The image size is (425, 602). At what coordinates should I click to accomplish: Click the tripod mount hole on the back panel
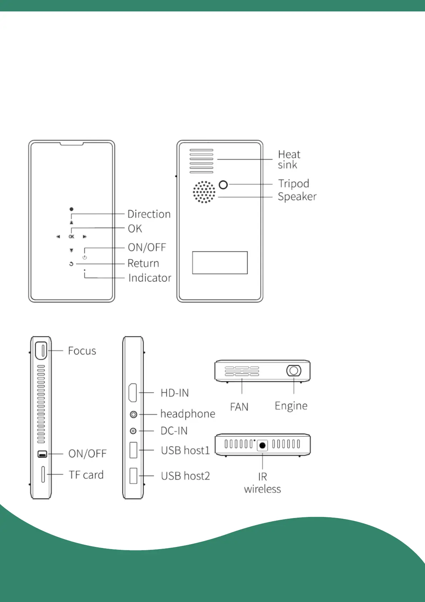pyautogui.click(x=223, y=184)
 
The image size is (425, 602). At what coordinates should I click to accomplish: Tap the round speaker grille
pyautogui.click(x=204, y=192)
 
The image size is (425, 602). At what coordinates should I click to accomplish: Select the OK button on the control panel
pyautogui.click(x=71, y=237)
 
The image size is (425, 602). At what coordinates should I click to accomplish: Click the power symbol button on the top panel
pyautogui.click(x=85, y=257)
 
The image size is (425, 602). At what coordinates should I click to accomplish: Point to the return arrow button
pyautogui.click(x=71, y=264)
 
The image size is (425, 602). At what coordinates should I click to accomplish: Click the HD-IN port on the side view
pyautogui.click(x=133, y=393)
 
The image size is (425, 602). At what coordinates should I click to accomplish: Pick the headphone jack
pyautogui.click(x=133, y=414)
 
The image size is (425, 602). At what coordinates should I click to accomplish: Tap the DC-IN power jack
pyautogui.click(x=133, y=431)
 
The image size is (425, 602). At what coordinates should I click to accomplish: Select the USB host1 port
pyautogui.click(x=133, y=450)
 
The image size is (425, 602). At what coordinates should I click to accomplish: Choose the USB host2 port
pyautogui.click(x=133, y=476)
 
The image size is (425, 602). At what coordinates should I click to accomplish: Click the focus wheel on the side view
pyautogui.click(x=41, y=350)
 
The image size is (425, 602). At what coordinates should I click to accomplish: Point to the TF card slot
pyautogui.click(x=43, y=474)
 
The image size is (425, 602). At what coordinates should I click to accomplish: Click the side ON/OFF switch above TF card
pyautogui.click(x=42, y=454)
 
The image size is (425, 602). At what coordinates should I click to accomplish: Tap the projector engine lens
pyautogui.click(x=294, y=371)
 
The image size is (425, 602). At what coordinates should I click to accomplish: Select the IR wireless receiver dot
pyautogui.click(x=262, y=446)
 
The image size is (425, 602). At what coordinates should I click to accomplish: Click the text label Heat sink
pyautogui.click(x=289, y=159)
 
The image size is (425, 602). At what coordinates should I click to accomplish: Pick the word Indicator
pyautogui.click(x=150, y=278)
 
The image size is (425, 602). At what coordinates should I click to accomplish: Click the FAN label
pyautogui.click(x=239, y=407)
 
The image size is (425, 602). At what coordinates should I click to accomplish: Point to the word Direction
pyautogui.click(x=149, y=214)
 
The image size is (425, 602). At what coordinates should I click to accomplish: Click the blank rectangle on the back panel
pyautogui.click(x=220, y=263)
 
